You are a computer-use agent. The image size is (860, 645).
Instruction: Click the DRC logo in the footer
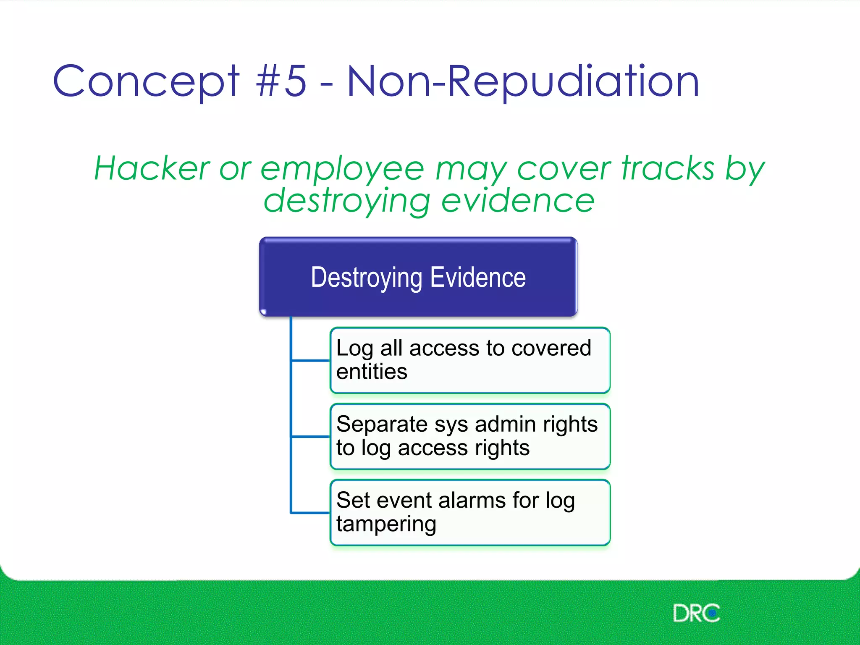pyautogui.click(x=696, y=613)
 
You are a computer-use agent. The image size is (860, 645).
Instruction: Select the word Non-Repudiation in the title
pyautogui.click(x=523, y=81)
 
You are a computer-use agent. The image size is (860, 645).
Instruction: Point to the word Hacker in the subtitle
pyautogui.click(x=152, y=168)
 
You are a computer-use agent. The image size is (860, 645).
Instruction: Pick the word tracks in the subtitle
pyautogui.click(x=668, y=168)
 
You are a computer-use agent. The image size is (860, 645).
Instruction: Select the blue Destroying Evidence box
pyautogui.click(x=418, y=277)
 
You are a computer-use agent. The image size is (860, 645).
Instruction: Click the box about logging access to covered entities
pyautogui.click(x=470, y=360)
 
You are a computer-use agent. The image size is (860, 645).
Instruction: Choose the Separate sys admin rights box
pyautogui.click(x=470, y=436)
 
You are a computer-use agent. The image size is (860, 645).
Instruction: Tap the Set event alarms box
pyautogui.click(x=470, y=512)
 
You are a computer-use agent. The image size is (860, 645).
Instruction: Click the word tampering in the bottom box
pyautogui.click(x=386, y=524)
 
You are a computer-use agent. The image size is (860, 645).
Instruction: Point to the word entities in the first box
pyautogui.click(x=372, y=372)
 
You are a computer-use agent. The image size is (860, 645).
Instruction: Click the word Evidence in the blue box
pyautogui.click(x=478, y=277)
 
